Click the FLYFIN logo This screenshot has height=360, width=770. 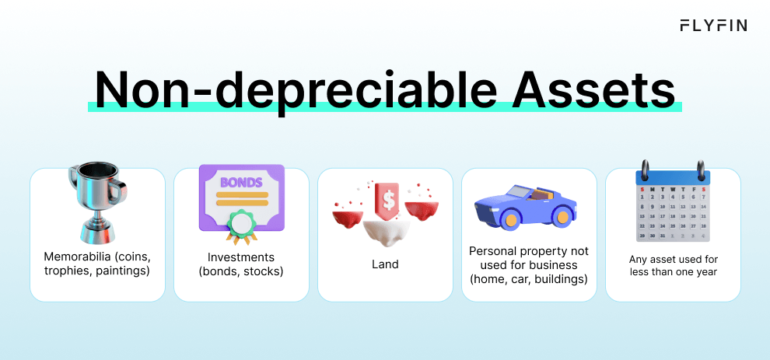(713, 26)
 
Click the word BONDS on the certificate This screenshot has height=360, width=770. (242, 183)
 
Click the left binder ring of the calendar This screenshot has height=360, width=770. (644, 173)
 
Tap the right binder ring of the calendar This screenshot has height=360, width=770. (702, 173)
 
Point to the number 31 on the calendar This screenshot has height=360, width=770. (662, 235)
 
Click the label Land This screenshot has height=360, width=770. (385, 264)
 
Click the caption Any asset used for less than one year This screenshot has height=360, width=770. (673, 264)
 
